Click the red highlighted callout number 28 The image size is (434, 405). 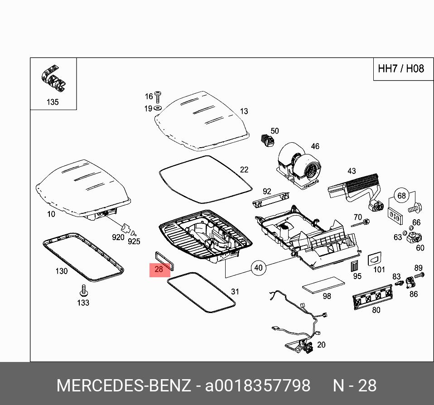point(159,269)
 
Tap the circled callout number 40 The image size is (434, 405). point(258,268)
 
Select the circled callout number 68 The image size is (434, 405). point(401,196)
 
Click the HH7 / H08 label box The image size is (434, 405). point(401,69)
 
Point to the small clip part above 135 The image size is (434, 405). point(53,79)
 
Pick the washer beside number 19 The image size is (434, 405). point(158,108)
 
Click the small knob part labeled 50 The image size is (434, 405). point(266,139)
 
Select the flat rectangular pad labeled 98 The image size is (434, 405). point(323,284)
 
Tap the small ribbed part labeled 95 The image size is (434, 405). point(356,265)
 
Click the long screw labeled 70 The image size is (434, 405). point(361,223)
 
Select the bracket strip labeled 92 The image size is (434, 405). point(270,198)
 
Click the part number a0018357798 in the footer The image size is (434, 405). point(258,386)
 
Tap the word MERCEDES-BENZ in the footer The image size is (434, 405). point(123,386)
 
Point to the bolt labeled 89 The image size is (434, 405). point(418,275)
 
